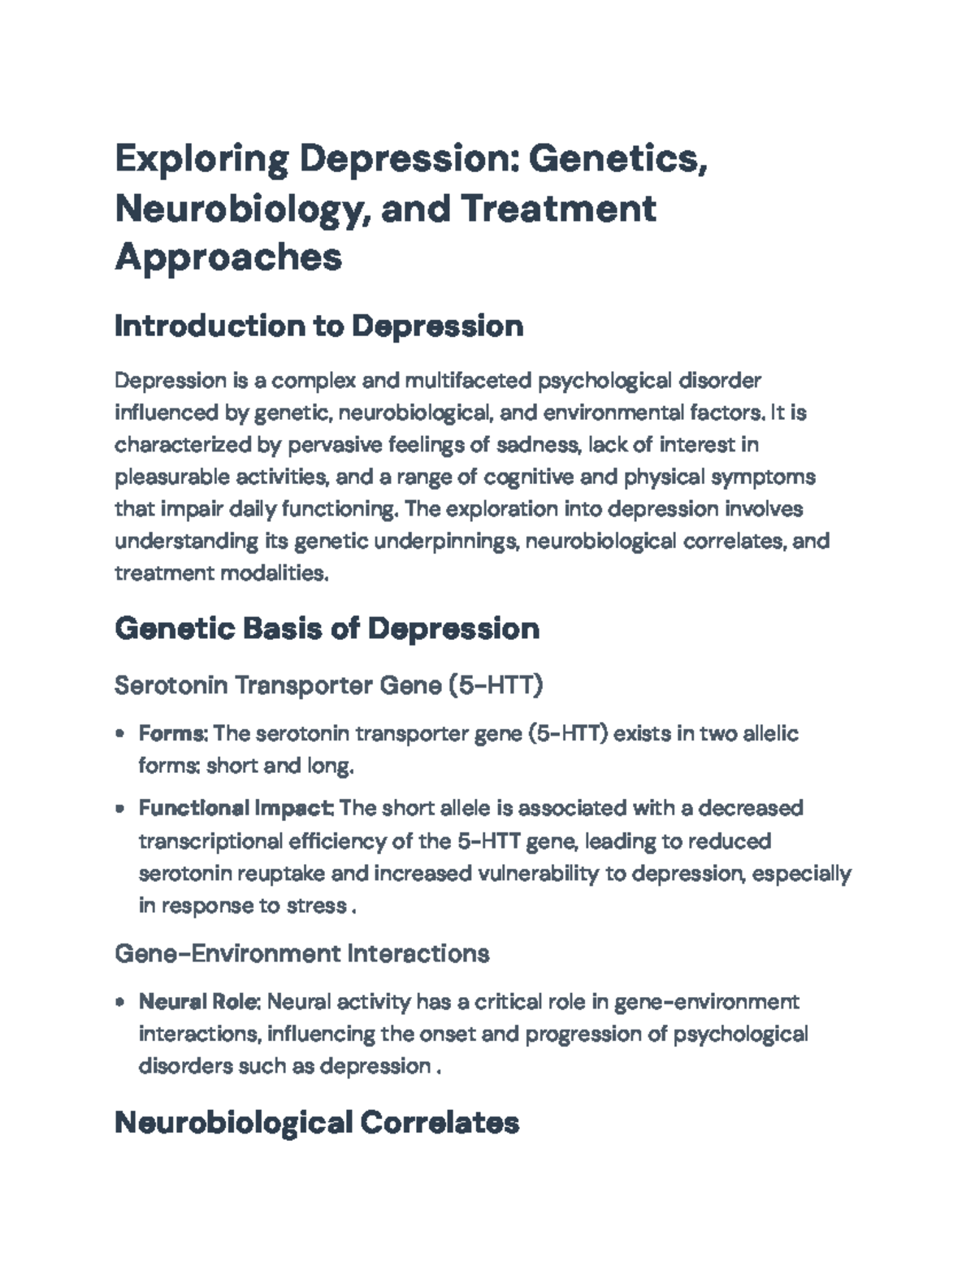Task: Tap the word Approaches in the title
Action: click(228, 257)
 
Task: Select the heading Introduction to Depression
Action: click(318, 326)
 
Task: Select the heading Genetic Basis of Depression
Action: click(327, 628)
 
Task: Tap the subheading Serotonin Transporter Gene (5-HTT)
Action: click(328, 686)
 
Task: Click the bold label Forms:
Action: click(173, 734)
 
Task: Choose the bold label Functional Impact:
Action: click(236, 809)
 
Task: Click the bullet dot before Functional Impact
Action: click(120, 809)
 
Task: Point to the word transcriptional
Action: click(210, 841)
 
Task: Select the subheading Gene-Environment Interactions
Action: click(301, 953)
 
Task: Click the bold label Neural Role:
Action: click(199, 1002)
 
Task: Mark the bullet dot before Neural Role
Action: click(120, 1002)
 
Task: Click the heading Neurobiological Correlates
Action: click(317, 1123)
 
